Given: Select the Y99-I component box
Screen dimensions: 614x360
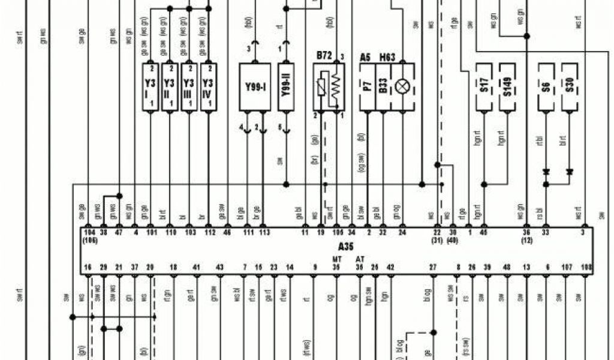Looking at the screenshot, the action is coord(255,87).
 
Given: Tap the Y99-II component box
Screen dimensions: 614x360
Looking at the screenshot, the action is coord(287,87).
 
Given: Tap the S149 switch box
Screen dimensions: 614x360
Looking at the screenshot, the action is coord(508,88).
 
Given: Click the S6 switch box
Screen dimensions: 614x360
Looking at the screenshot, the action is coord(546,88).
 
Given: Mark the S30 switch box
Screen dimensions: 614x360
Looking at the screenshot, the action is coord(570,88).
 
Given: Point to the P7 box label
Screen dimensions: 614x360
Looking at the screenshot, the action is coord(367,88).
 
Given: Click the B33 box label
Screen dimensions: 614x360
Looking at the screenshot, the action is coord(383,88).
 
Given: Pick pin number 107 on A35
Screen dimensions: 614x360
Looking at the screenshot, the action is coord(567,267).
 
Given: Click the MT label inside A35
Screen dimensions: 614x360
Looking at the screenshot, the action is coord(336,259).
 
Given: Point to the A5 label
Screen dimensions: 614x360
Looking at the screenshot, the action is coord(365,57).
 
